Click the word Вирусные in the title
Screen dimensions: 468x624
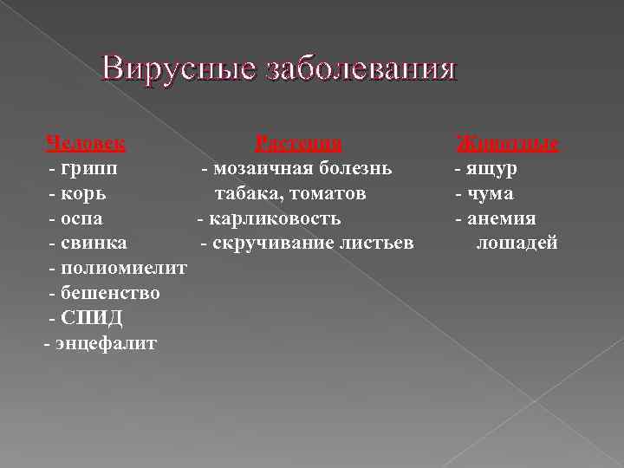coord(172,68)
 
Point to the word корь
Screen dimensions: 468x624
coord(86,193)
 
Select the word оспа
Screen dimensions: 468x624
coord(87,218)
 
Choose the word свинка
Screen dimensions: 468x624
coord(94,244)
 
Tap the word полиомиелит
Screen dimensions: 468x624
coord(124,269)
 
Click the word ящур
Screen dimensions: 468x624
coord(493,168)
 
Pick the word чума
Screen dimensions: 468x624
coord(491,193)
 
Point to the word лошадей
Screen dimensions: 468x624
coord(517,244)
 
